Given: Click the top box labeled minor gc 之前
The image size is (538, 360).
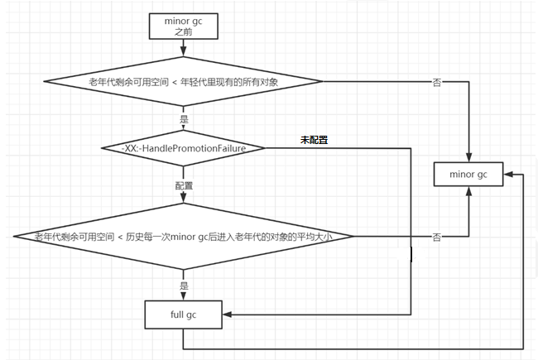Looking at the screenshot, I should coord(184,26).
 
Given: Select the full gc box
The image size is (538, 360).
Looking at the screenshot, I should coord(184,314).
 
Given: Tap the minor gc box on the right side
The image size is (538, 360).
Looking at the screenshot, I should coord(468,175).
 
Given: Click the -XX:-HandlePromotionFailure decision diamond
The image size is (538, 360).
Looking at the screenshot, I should coord(184,147).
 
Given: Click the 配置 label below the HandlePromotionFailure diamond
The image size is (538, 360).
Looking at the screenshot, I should coord(184,185).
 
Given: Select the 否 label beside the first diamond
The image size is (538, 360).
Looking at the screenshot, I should coord(436,81).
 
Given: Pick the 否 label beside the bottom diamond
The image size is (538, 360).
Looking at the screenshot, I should coord(436,237).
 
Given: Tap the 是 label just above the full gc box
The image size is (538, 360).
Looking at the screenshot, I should coord(184,285).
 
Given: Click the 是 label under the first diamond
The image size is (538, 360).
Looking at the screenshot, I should coord(184,118).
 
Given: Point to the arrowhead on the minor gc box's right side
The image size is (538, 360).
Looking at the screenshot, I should coord(507,175).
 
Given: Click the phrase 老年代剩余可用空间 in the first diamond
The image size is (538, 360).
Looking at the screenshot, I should coord(122,81).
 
